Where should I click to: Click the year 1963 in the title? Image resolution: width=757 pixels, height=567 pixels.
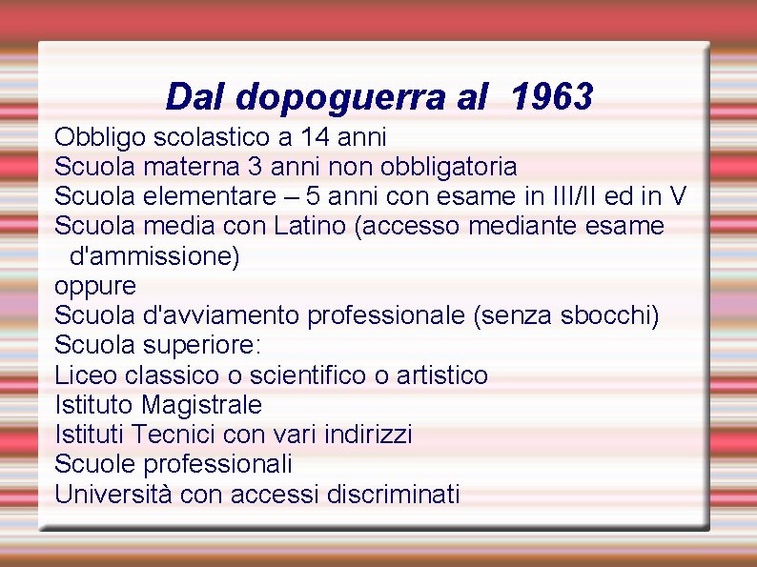(x=552, y=96)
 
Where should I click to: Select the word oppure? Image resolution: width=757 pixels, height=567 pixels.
(x=95, y=286)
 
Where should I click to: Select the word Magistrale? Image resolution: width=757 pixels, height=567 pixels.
(x=202, y=405)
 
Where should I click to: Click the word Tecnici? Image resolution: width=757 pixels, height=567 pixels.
(x=174, y=435)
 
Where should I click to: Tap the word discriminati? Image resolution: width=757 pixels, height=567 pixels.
(x=393, y=494)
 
